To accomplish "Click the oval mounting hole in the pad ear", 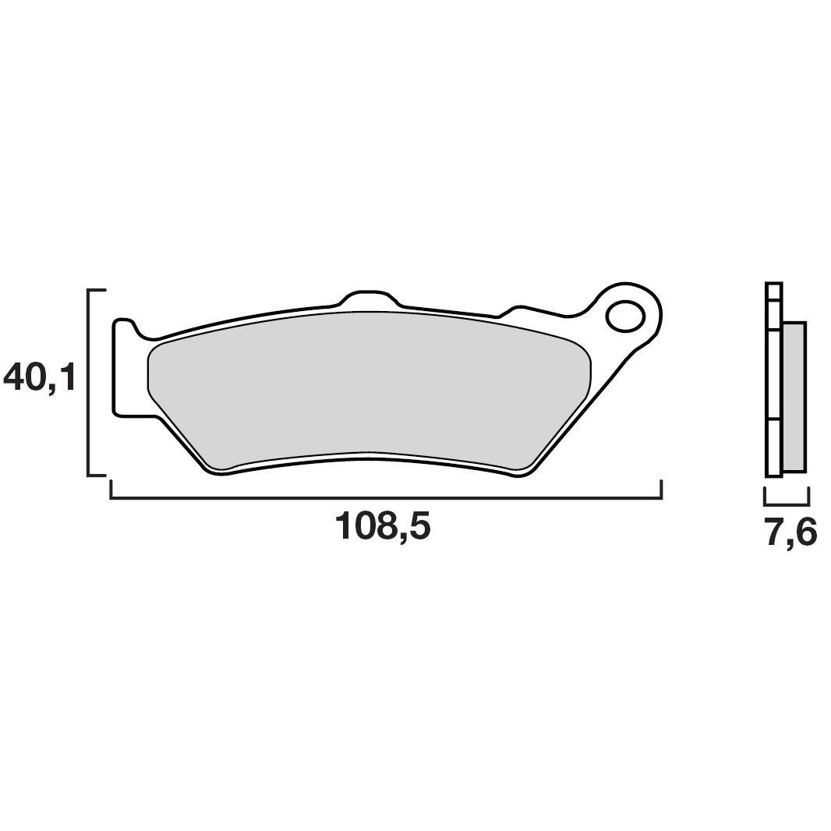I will [x=625, y=316].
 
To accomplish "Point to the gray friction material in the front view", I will [x=366, y=382].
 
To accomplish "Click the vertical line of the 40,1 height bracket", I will [x=89, y=382].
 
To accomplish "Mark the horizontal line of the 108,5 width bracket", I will [x=386, y=497].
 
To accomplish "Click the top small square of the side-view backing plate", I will [x=773, y=291].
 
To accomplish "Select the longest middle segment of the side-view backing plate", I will [x=773, y=376].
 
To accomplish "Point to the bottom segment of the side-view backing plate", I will [x=773, y=448].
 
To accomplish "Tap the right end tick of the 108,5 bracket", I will [x=661, y=490].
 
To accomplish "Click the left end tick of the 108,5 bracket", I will [x=111, y=490].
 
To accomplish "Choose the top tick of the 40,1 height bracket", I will [x=97, y=290].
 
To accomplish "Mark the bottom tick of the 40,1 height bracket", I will [x=97, y=474].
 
